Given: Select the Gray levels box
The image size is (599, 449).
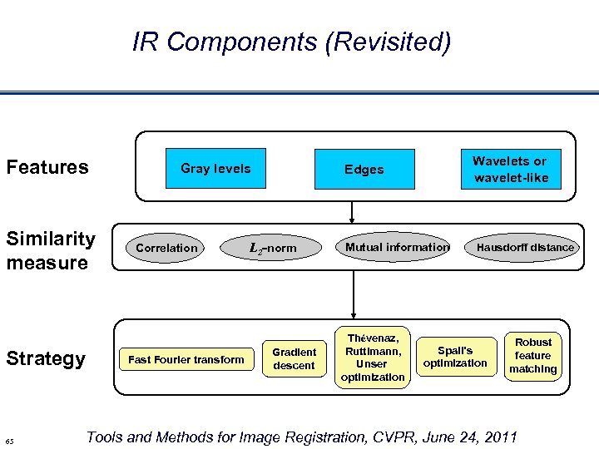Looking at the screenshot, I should click(215, 169).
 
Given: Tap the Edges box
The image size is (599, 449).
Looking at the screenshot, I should click(364, 170).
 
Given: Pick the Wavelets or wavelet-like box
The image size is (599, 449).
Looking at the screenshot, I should click(511, 170).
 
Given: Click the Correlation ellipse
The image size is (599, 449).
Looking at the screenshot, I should click(167, 248).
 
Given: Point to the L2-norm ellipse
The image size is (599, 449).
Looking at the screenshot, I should click(273, 248).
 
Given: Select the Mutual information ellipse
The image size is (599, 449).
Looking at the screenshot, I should click(397, 247).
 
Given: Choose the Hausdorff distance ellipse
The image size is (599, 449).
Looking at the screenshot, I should click(525, 247).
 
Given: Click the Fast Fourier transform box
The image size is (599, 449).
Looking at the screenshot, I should click(186, 359).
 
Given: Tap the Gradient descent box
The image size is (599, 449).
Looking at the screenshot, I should click(294, 358).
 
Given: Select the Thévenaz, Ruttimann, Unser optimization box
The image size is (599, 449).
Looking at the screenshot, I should click(372, 358).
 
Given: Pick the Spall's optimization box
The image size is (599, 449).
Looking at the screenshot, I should click(455, 356).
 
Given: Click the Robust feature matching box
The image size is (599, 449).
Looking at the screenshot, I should click(533, 355).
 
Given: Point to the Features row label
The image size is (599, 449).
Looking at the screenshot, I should click(47, 167).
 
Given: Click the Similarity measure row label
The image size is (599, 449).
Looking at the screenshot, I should click(51, 251).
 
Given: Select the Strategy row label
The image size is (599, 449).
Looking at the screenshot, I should click(46, 358).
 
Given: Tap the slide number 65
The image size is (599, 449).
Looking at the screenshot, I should click(8, 440).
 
